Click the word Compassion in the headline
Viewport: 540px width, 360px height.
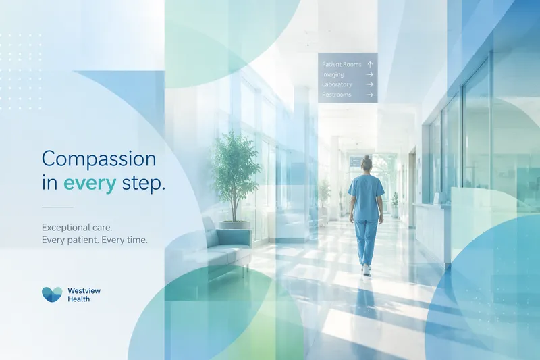click(99, 159)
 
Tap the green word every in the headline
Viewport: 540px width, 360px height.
click(90, 184)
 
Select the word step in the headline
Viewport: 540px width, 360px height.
click(143, 184)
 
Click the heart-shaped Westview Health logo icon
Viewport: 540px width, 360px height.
click(52, 294)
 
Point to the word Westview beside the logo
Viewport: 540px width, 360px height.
click(84, 290)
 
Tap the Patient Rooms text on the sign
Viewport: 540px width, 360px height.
click(342, 64)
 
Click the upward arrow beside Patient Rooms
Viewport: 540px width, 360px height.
click(370, 64)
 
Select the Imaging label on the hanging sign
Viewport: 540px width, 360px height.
click(333, 74)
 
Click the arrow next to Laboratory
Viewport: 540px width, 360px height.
click(370, 84)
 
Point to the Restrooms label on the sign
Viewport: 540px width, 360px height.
click(336, 95)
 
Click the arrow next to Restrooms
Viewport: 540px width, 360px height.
click(370, 95)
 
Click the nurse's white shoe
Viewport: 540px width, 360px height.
click(366, 269)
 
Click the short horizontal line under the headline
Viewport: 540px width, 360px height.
click(57, 207)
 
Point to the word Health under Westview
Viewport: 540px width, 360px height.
click(78, 299)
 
